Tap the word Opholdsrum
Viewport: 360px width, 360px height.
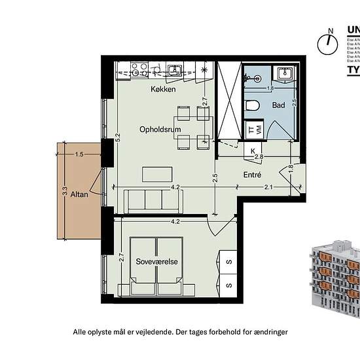[x=160, y=130]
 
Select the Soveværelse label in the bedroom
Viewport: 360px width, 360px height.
[x=156, y=261]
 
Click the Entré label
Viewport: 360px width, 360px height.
[x=252, y=175]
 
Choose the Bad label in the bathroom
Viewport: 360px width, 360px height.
[x=278, y=105]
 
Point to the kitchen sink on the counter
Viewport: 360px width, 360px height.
[x=174, y=69]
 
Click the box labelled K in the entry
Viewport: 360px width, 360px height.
[x=253, y=151]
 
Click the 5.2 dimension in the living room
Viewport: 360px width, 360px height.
[x=118, y=139]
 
